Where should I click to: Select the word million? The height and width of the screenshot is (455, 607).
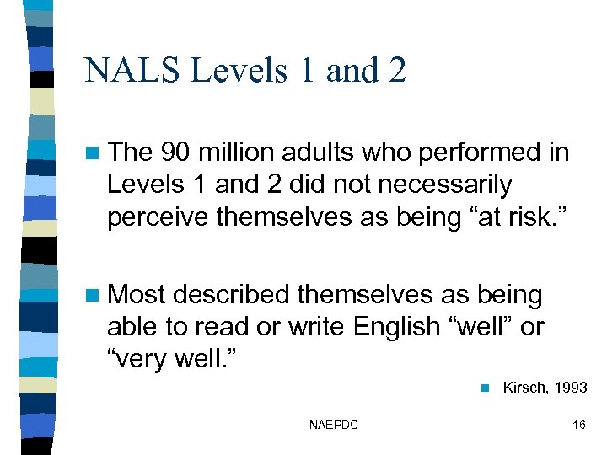239,153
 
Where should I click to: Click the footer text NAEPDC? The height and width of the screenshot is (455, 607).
334,425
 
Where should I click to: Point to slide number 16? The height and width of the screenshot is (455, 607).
578,425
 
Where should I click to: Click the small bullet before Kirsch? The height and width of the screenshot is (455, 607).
484,388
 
